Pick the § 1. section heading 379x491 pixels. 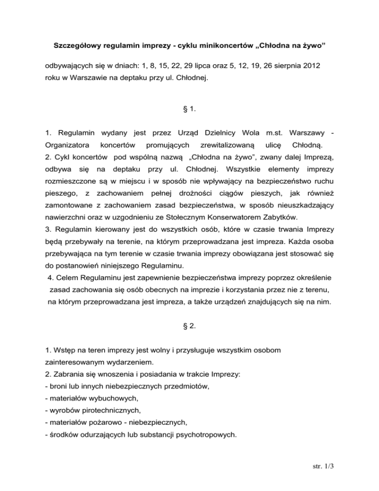[x=189, y=106]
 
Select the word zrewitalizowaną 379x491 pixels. [x=226, y=145]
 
